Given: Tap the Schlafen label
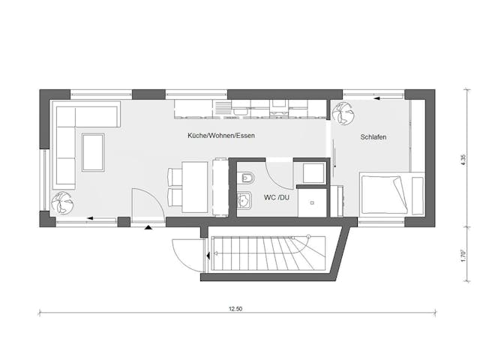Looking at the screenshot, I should coord(373,137).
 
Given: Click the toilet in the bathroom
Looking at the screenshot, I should coord(247,178).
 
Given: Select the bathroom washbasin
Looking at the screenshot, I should coord(244,201).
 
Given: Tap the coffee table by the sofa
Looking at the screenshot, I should coord(94,151).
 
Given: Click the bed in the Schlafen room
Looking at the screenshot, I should coord(391,194).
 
